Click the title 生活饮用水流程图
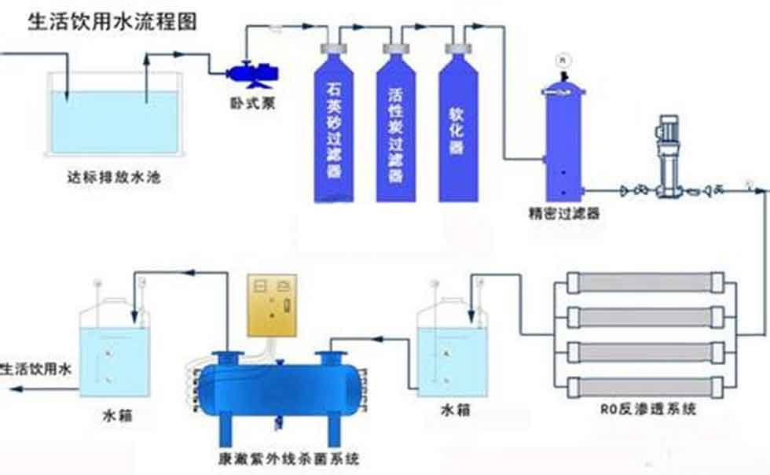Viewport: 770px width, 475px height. (x=112, y=20)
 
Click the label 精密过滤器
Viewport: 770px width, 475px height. (x=563, y=213)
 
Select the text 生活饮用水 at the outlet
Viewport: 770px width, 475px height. (x=37, y=368)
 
